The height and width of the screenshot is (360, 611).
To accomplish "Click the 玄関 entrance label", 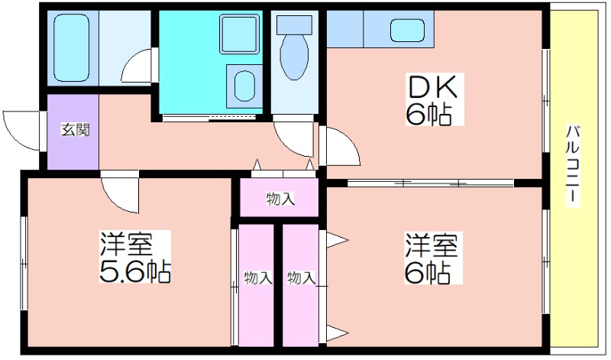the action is (75, 130).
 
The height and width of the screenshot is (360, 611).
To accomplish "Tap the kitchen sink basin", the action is (407, 30).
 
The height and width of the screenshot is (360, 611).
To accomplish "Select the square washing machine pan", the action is (239, 34).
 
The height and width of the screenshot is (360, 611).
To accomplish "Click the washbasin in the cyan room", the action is (244, 85).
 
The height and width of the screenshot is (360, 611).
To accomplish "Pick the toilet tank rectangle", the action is (294, 25).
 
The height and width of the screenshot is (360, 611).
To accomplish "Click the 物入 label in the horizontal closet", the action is (280, 199).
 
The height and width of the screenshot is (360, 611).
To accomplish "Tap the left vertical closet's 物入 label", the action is (257, 278).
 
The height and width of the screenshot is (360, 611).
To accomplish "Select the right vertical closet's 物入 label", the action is (301, 278).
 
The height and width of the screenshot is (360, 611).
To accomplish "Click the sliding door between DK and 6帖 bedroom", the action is (430, 183).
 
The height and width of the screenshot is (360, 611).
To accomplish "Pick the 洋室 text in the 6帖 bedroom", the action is (431, 245).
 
